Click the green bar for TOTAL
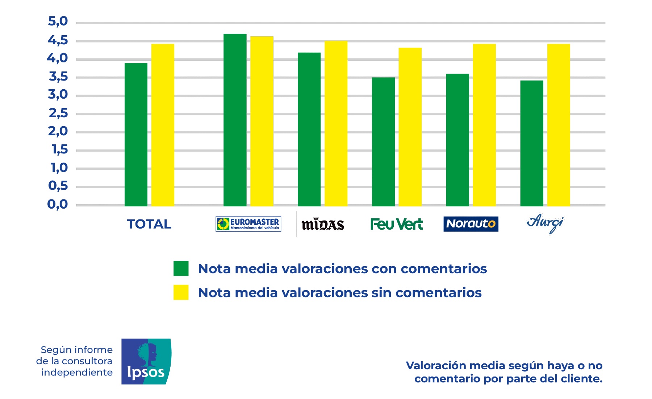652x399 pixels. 136,135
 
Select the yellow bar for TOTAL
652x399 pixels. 163,125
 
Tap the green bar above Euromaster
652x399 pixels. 235,120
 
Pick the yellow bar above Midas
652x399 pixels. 336,124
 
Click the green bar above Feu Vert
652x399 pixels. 383,142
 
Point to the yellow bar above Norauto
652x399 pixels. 484,125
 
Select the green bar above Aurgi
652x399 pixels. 532,143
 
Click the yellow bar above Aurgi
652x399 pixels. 558,125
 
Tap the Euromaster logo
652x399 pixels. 248,224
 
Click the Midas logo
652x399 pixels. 323,224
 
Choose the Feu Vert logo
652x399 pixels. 396,224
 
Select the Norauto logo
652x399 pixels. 471,224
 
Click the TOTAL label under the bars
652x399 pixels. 149,224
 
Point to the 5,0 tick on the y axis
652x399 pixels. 58,21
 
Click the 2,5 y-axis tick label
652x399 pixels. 58,113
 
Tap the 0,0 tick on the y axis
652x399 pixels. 58,204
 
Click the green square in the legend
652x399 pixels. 181,268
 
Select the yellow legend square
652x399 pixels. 181,292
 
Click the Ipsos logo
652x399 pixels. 146,361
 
